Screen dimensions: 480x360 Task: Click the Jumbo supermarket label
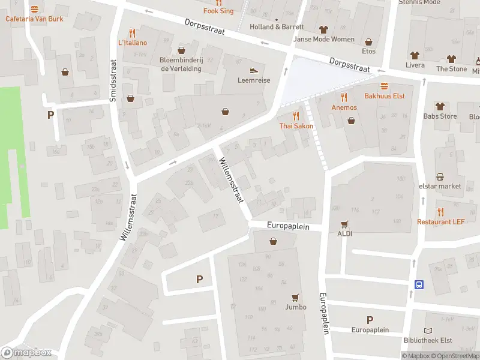(296, 307)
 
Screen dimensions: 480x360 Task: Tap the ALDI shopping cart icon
(344, 224)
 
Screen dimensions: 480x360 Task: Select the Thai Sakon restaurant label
(296, 126)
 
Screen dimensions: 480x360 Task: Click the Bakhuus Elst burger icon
(384, 86)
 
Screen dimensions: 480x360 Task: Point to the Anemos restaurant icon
(344, 97)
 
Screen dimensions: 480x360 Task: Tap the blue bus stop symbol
(419, 284)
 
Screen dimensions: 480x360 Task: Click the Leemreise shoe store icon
(254, 70)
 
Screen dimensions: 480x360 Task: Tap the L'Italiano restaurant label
(132, 43)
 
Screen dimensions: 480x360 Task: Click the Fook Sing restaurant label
(218, 11)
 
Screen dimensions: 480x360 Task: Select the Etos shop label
(368, 52)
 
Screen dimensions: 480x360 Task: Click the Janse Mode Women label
(323, 40)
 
